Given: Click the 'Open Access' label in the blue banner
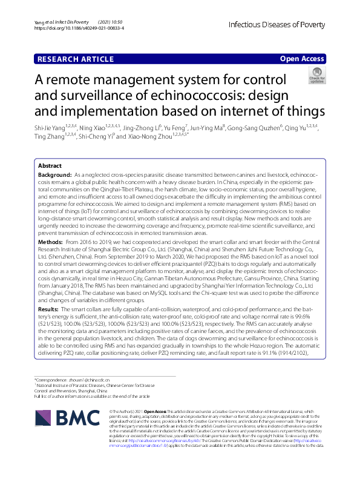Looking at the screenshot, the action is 303,58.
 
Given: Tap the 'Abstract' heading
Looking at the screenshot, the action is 50,165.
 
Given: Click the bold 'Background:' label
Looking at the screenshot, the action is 55,174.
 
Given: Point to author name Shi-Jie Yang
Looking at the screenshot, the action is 51,128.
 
